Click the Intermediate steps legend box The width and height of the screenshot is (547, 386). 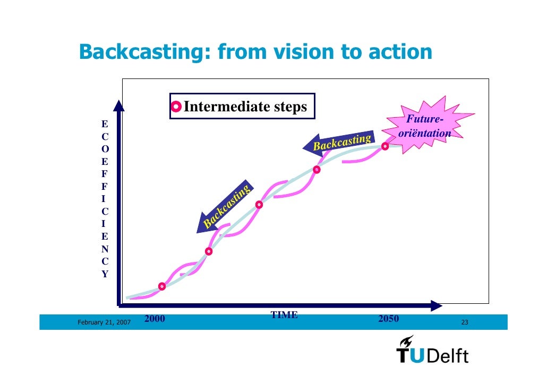[x=242, y=107]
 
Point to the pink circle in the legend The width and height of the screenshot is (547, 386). [x=177, y=108]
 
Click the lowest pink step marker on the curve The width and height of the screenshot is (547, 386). [x=162, y=286]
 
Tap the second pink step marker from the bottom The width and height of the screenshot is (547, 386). [x=209, y=251]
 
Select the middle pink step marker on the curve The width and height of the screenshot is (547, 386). [x=259, y=205]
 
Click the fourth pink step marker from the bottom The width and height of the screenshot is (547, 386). [x=317, y=170]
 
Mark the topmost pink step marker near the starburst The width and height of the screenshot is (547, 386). [x=385, y=146]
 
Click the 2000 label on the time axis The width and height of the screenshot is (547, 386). [x=155, y=319]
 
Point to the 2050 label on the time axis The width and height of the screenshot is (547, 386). [x=388, y=319]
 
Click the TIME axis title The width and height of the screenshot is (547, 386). [x=284, y=315]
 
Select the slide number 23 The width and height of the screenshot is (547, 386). [x=465, y=322]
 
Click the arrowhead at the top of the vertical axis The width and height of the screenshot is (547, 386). [x=119, y=106]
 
